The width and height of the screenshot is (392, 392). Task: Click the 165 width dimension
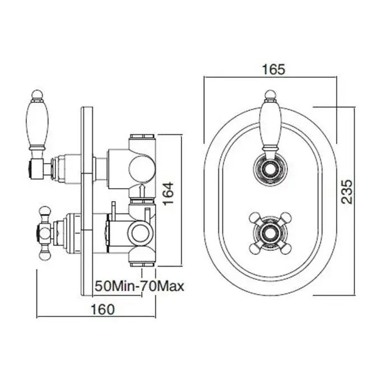click(273, 69)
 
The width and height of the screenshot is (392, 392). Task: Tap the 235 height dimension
click(347, 192)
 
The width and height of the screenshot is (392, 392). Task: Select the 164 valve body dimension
click(168, 194)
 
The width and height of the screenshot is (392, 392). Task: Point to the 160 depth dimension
click(102, 310)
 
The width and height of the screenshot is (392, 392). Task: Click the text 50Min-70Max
click(140, 286)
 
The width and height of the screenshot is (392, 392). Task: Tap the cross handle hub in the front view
click(270, 234)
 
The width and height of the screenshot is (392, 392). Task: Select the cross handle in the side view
click(45, 234)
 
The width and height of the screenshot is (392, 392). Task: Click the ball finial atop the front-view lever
click(270, 95)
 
